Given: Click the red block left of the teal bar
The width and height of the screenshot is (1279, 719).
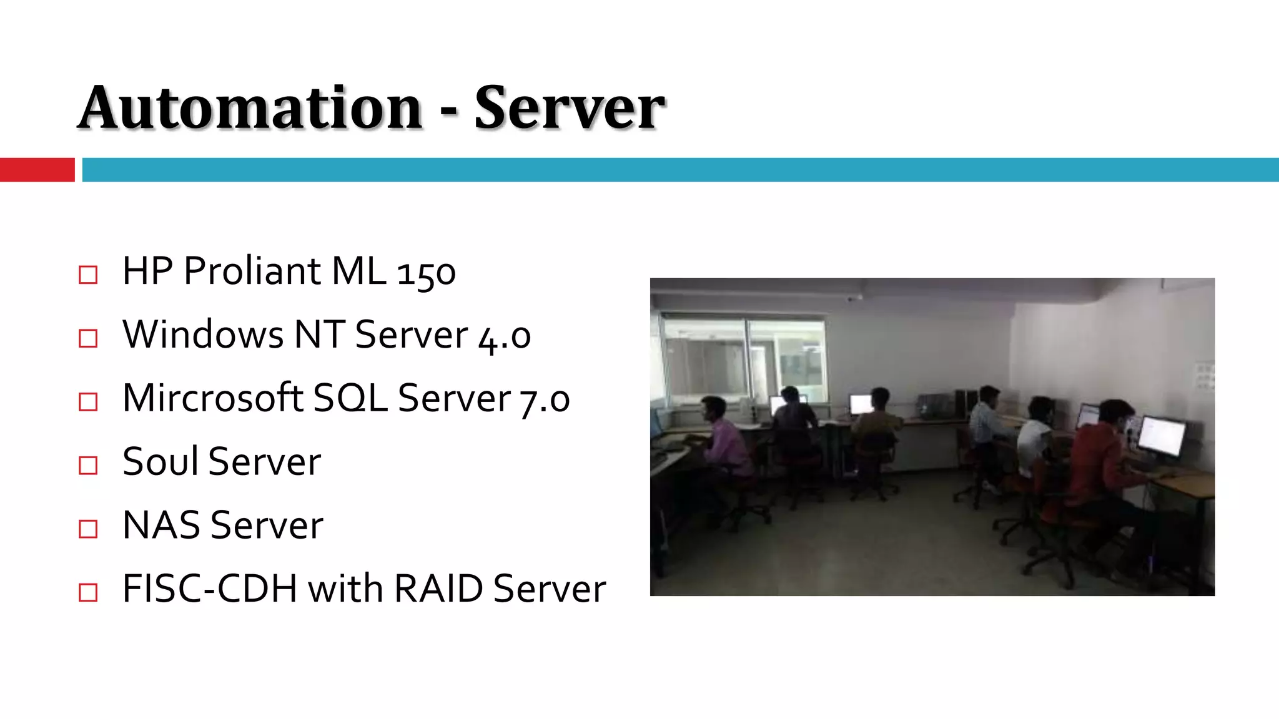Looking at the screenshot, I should [37, 170].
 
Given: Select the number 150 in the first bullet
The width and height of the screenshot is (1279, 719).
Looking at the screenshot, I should [427, 273].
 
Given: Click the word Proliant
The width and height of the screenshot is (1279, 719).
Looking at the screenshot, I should [252, 271].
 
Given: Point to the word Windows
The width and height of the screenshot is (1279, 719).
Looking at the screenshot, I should [203, 335].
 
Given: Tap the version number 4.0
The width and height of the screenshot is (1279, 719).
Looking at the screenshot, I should [505, 336].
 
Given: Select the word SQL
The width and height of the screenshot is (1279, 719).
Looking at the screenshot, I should [350, 398].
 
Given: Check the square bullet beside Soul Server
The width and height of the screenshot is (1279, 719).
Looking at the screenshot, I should [88, 466].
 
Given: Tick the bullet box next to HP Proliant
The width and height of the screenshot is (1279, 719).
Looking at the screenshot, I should [88, 275].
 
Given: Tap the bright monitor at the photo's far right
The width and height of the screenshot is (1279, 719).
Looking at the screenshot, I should [1162, 436].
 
